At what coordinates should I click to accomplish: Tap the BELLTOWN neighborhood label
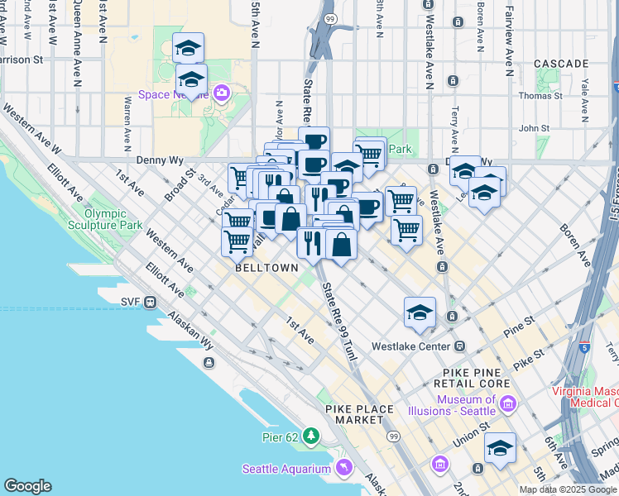(x=262, y=269)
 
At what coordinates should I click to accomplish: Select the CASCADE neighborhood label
(x=561, y=63)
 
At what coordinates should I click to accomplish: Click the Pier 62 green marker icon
(x=311, y=435)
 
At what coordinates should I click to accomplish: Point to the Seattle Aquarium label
(x=286, y=470)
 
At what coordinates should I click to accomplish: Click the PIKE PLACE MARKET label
(x=355, y=414)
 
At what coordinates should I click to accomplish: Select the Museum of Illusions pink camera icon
(x=508, y=404)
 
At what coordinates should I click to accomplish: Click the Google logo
(x=27, y=486)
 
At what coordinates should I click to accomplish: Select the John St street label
(x=534, y=128)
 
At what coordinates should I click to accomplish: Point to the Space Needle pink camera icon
(x=222, y=93)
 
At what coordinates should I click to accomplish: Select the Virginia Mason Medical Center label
(x=585, y=396)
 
